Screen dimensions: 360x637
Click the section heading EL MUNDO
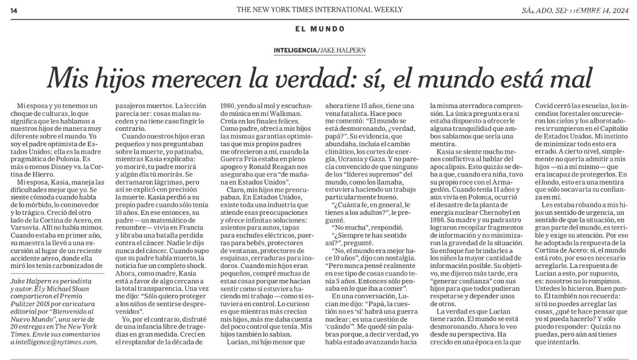(x=320, y=29)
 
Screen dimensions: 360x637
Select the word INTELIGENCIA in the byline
(x=295, y=50)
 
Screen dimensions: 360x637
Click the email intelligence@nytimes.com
(x=54, y=342)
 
